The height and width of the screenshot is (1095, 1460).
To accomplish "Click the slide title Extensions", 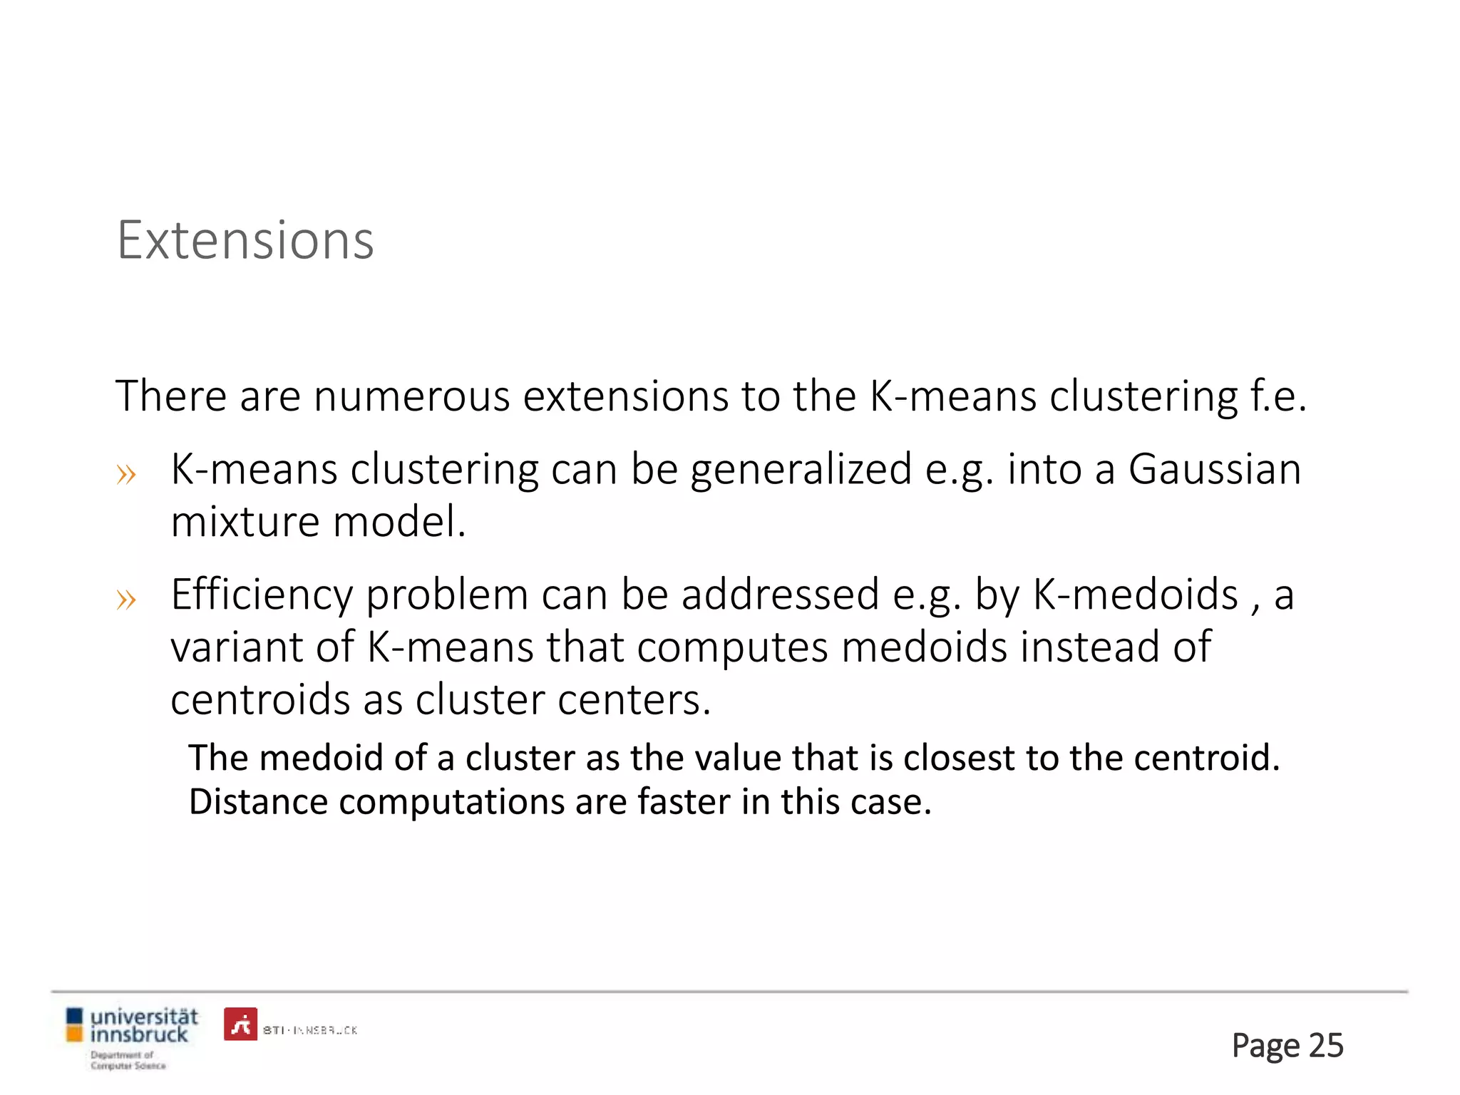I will pos(245,241).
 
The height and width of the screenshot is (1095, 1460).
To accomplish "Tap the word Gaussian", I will pos(1215,470).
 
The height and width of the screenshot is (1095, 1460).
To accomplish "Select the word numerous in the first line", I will pos(411,396).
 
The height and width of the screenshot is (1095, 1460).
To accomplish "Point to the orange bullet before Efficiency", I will pos(126,600).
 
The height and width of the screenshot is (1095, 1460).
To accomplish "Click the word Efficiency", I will pos(262,595).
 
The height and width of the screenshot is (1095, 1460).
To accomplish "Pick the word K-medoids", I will pos(1136,594).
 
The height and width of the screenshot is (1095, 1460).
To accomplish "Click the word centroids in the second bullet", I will pos(260,699).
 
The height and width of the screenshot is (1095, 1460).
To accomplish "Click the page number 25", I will pos(1326,1046).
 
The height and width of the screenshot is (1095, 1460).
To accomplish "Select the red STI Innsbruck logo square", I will pos(240,1024).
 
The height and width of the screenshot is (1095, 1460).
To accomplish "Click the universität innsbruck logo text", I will pos(143,1024).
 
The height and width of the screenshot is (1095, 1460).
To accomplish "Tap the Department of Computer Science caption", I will pos(128,1060).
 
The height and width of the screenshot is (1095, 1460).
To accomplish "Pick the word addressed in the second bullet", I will pos(780,594).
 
